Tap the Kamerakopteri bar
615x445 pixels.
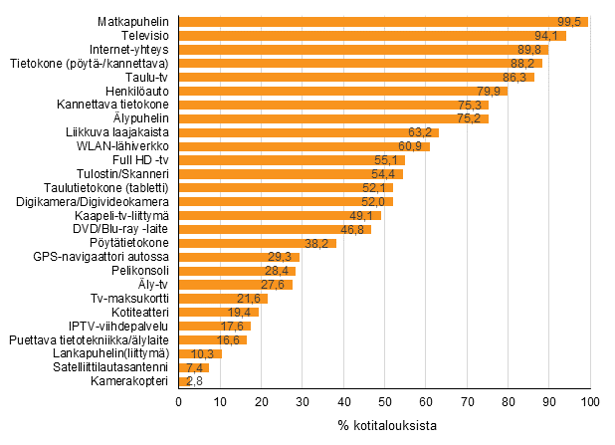point(182,381)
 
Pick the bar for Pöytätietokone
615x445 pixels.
point(257,243)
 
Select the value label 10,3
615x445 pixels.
point(205,353)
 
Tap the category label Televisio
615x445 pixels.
point(142,36)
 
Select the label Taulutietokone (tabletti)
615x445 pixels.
point(106,187)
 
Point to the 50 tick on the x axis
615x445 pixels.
point(384,401)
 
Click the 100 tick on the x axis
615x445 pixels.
point(590,401)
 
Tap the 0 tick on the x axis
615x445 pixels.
point(178,401)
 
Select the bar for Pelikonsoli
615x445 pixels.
point(237,271)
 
